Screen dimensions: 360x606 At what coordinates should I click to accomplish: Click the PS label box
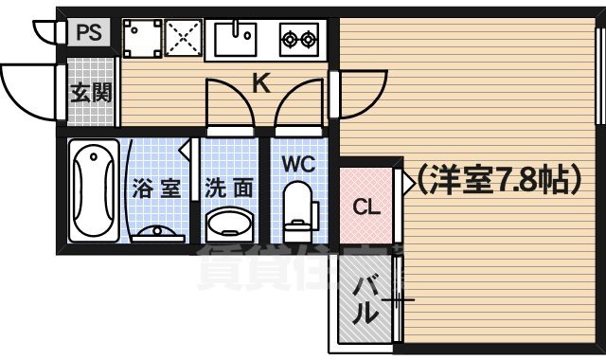tap(88, 32)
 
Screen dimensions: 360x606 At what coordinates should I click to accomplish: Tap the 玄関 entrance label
tap(91, 93)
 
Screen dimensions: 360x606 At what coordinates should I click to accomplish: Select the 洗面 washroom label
tap(229, 188)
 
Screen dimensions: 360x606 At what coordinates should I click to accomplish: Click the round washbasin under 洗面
tap(228, 225)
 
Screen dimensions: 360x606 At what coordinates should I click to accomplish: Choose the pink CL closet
tap(366, 207)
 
